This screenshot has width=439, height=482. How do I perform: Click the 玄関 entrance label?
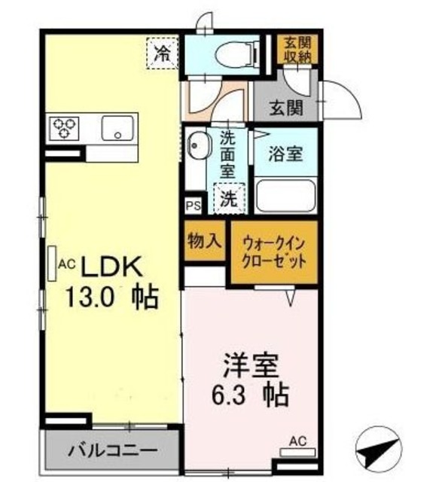[286, 108]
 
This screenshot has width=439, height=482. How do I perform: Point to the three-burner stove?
[64, 128]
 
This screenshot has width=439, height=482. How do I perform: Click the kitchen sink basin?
[118, 128]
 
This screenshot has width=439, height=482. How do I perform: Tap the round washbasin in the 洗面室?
[197, 145]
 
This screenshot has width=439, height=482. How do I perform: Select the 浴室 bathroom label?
[286, 154]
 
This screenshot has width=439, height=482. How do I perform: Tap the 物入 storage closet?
[204, 241]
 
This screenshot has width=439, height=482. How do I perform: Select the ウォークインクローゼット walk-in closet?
[274, 252]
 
